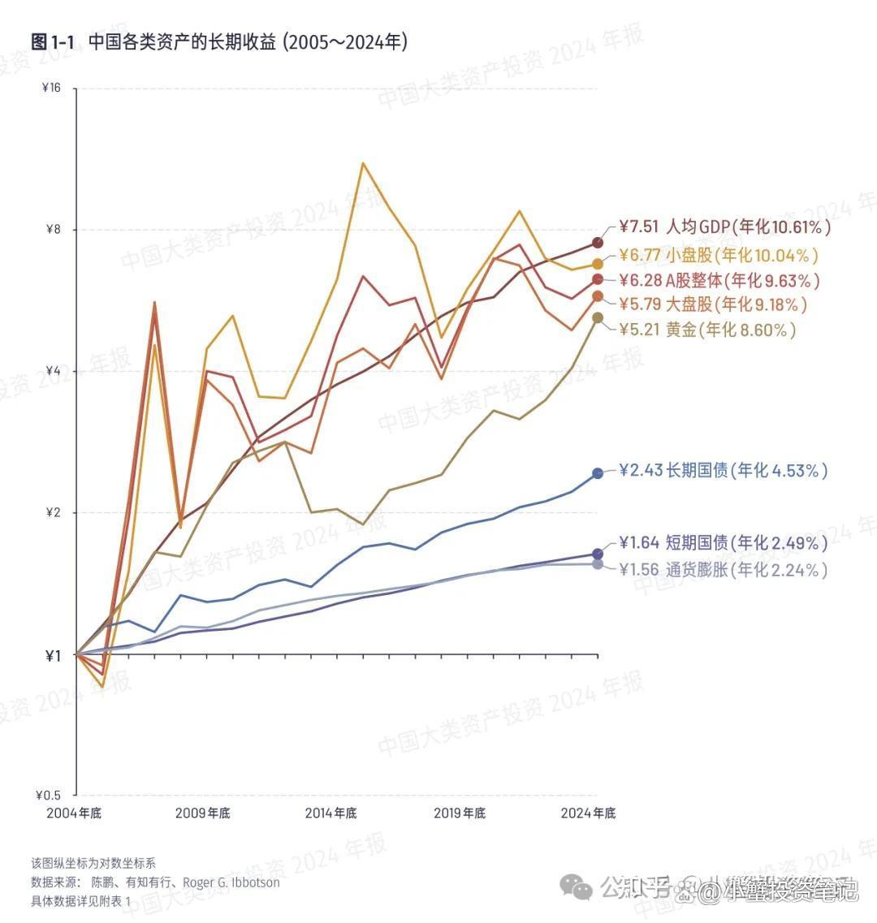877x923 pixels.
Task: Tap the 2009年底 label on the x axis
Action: click(x=202, y=813)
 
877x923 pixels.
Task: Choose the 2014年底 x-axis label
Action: click(x=331, y=813)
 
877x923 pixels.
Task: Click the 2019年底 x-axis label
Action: click(x=460, y=813)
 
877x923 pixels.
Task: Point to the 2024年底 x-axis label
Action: click(x=589, y=813)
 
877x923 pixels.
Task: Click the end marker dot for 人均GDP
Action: click(x=598, y=242)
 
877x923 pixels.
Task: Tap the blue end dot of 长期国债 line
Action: click(x=598, y=472)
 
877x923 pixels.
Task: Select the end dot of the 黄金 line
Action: click(x=598, y=317)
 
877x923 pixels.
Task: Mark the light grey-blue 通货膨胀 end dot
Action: click(x=598, y=564)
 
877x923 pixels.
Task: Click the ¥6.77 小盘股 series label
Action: click(x=719, y=256)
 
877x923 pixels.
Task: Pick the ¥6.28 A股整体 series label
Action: click(x=719, y=281)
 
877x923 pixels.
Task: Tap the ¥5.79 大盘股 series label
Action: click(x=714, y=305)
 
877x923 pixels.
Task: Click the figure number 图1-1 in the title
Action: click(x=53, y=42)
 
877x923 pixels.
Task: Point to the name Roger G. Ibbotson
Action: click(x=231, y=882)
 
